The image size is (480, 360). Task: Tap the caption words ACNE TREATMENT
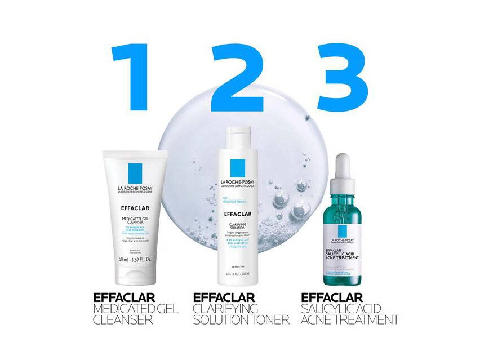pyautogui.click(x=350, y=320)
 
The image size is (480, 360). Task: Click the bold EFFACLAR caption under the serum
pyautogui.click(x=332, y=297)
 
